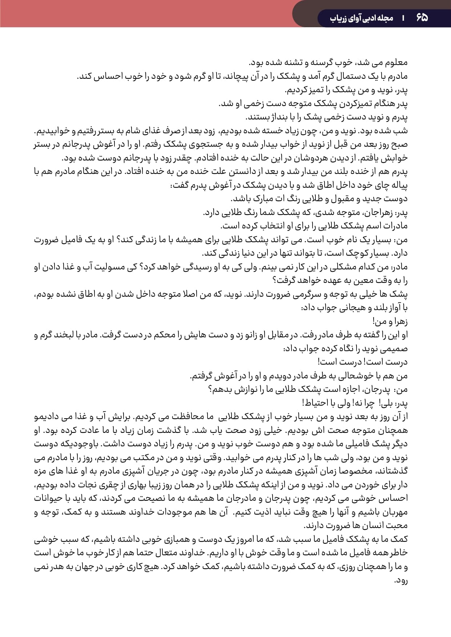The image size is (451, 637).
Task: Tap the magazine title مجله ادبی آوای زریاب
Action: click(x=362, y=17)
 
